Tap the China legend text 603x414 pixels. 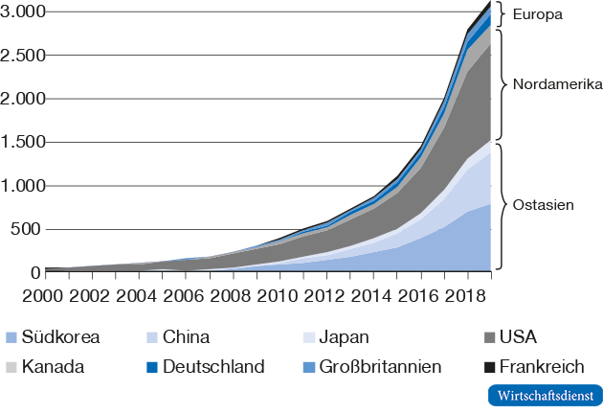187,336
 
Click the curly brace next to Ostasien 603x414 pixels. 502,206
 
